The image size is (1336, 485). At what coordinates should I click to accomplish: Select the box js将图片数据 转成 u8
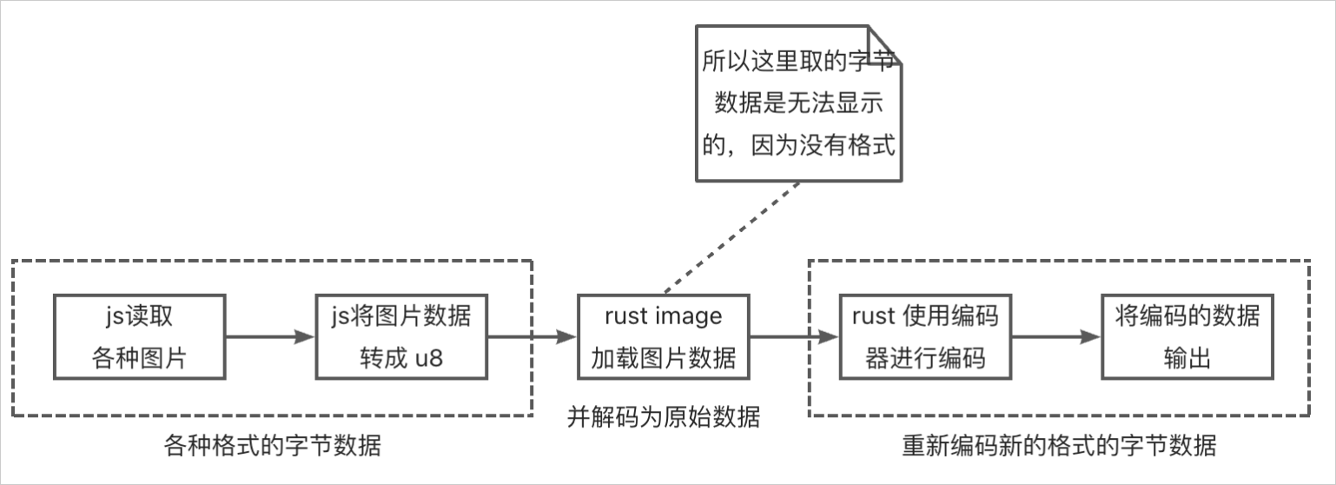click(401, 336)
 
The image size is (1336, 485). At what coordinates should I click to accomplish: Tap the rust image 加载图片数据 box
click(664, 336)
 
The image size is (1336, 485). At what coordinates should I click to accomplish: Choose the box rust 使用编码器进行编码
click(925, 336)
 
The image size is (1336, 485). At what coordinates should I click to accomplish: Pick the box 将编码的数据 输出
click(1187, 336)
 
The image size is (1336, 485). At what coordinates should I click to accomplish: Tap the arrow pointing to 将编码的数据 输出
click(1056, 337)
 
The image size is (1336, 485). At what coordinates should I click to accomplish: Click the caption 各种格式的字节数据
click(272, 447)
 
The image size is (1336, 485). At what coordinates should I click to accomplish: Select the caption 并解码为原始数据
click(664, 417)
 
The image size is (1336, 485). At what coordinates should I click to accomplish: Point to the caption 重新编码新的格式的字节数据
click(1059, 447)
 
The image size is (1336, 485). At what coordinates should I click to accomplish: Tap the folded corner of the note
click(887, 43)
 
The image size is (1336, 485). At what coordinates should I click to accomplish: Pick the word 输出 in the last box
click(1187, 358)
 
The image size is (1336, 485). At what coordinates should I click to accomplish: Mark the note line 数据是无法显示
click(798, 104)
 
